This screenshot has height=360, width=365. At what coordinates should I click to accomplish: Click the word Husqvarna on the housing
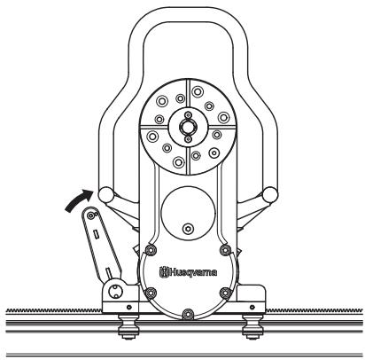192,268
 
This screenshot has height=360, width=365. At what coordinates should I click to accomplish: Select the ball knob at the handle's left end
106,193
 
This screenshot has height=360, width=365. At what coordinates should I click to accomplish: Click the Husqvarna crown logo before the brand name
163,268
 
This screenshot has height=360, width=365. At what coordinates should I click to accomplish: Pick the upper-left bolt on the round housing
149,249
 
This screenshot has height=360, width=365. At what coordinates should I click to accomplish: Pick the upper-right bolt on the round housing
224,249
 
